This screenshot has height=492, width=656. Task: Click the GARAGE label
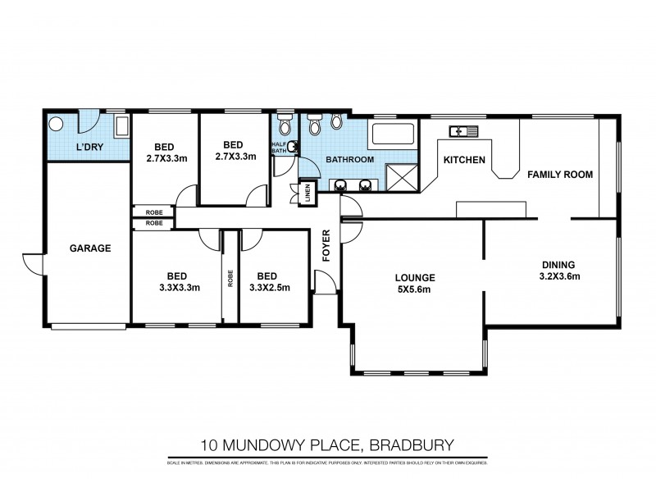coord(90,248)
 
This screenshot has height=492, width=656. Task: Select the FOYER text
coord(326,247)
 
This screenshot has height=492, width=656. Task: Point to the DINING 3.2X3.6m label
coord(561,271)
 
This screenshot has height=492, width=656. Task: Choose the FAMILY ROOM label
coord(559,175)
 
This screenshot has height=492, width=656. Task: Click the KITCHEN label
coord(465,160)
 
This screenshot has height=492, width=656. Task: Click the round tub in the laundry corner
coord(57,125)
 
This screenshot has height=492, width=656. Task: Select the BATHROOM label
coord(350,159)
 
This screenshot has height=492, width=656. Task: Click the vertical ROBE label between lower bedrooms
coord(230,280)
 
